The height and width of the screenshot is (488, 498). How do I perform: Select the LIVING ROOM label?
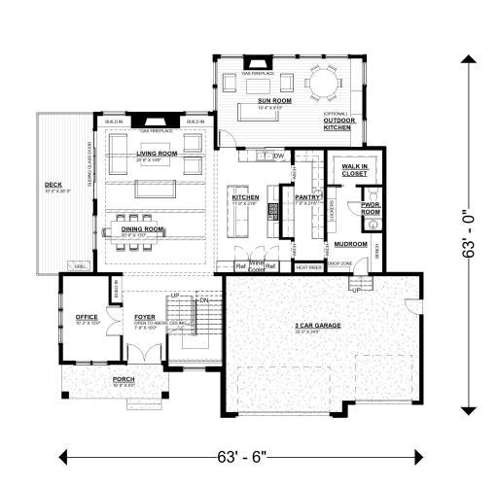[156, 154]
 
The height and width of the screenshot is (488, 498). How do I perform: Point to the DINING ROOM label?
[140, 230]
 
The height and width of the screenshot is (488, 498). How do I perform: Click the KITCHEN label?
[245, 197]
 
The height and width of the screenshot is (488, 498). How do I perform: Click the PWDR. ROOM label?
[371, 208]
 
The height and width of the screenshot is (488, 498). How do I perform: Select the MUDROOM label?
[349, 243]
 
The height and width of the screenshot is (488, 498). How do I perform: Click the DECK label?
[53, 185]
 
